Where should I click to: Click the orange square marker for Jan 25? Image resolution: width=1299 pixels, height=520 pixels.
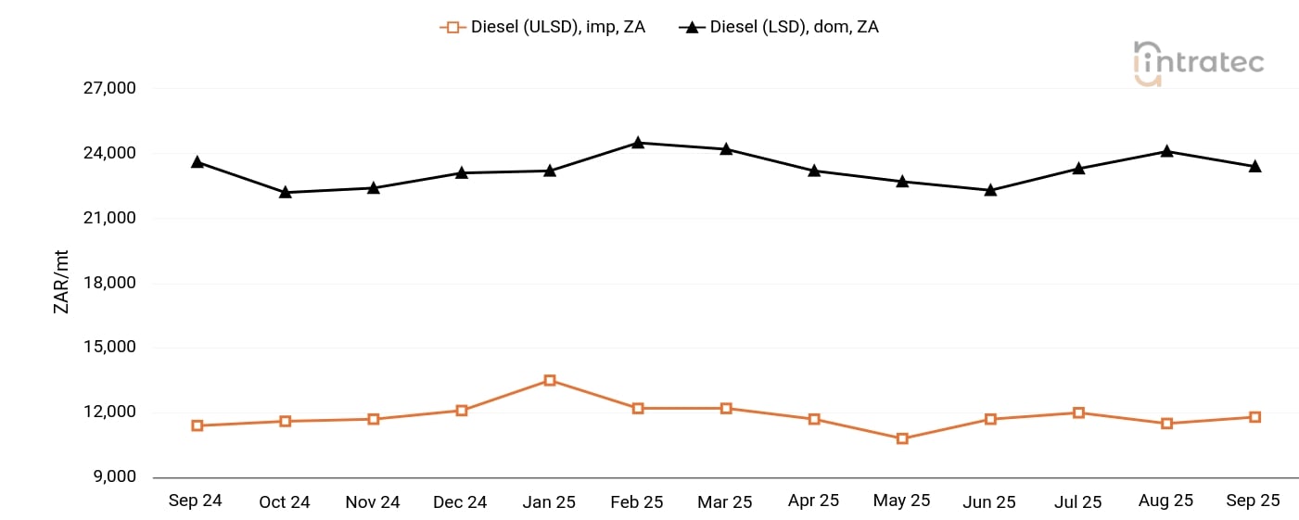tap(550, 380)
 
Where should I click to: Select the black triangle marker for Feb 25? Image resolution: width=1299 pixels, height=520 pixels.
tap(638, 143)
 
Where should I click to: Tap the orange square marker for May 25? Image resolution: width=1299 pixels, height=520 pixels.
tap(902, 438)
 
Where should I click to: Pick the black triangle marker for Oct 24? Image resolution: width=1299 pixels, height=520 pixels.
tap(286, 192)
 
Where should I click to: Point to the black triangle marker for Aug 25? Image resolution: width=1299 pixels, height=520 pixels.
tap(1166, 151)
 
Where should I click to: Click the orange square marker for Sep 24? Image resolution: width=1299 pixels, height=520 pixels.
tap(197, 425)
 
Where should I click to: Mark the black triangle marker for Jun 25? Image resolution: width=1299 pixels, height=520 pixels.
tap(990, 190)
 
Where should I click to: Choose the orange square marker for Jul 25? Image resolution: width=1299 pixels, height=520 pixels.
tap(1078, 412)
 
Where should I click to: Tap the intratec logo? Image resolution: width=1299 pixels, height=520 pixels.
tap(1198, 63)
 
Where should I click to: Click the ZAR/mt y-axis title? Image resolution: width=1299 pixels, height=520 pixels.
tap(61, 283)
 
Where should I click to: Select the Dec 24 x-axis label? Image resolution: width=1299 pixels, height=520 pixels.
tap(460, 501)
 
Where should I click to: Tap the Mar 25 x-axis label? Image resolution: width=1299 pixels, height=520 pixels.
tap(725, 501)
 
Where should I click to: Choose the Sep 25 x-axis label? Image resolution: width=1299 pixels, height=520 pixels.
tap(1253, 501)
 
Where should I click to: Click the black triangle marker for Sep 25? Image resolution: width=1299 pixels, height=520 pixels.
tap(1254, 167)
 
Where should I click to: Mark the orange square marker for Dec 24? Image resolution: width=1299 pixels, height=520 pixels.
tap(462, 411)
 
